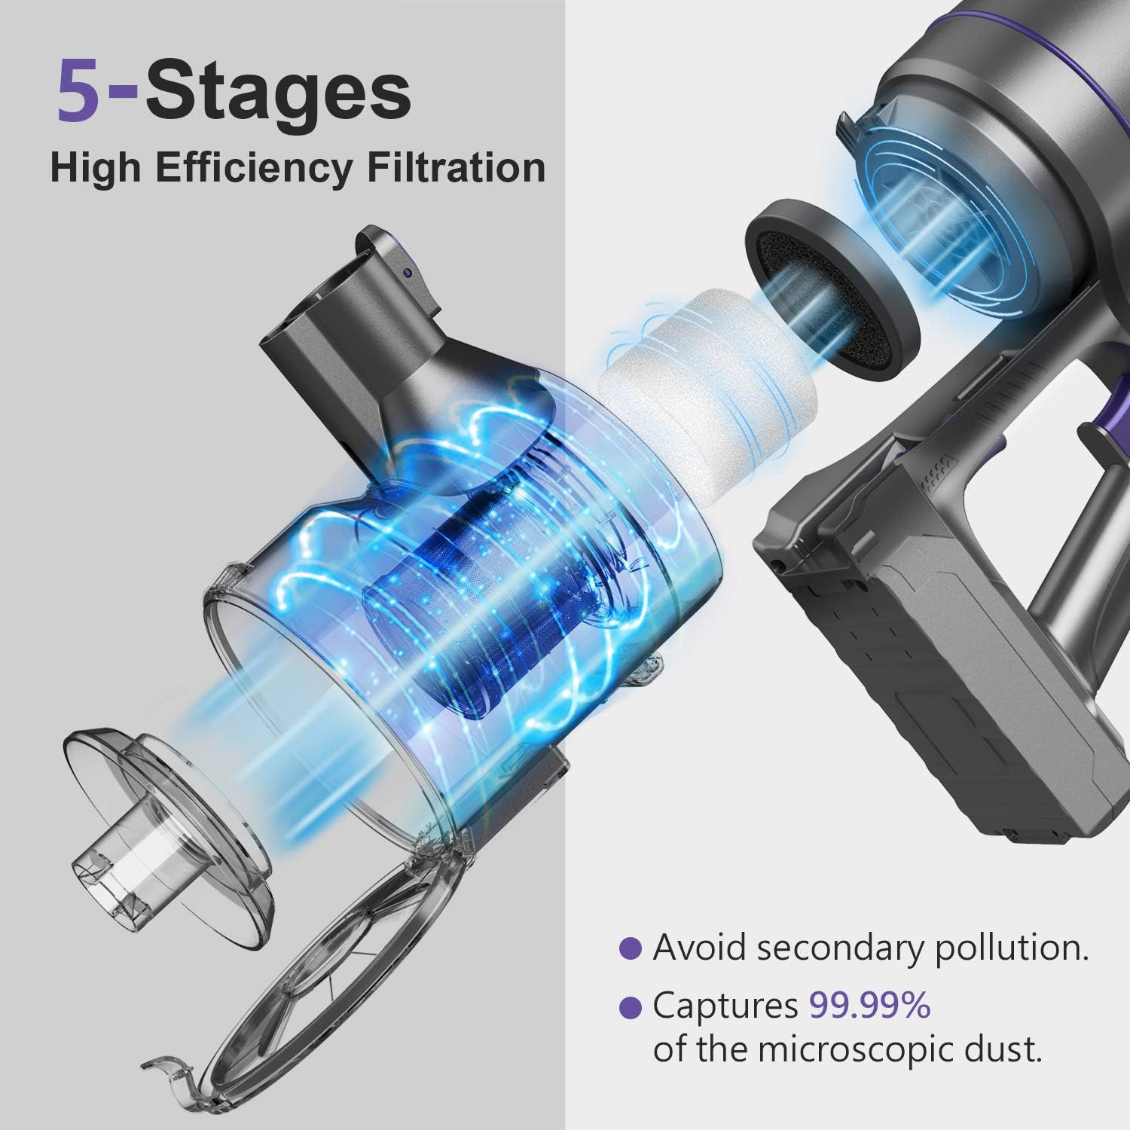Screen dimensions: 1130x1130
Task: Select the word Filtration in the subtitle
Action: (455, 167)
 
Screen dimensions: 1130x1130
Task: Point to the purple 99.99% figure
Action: (869, 1006)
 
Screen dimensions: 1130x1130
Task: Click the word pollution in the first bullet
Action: (1012, 949)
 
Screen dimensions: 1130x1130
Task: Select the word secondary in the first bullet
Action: (838, 948)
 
